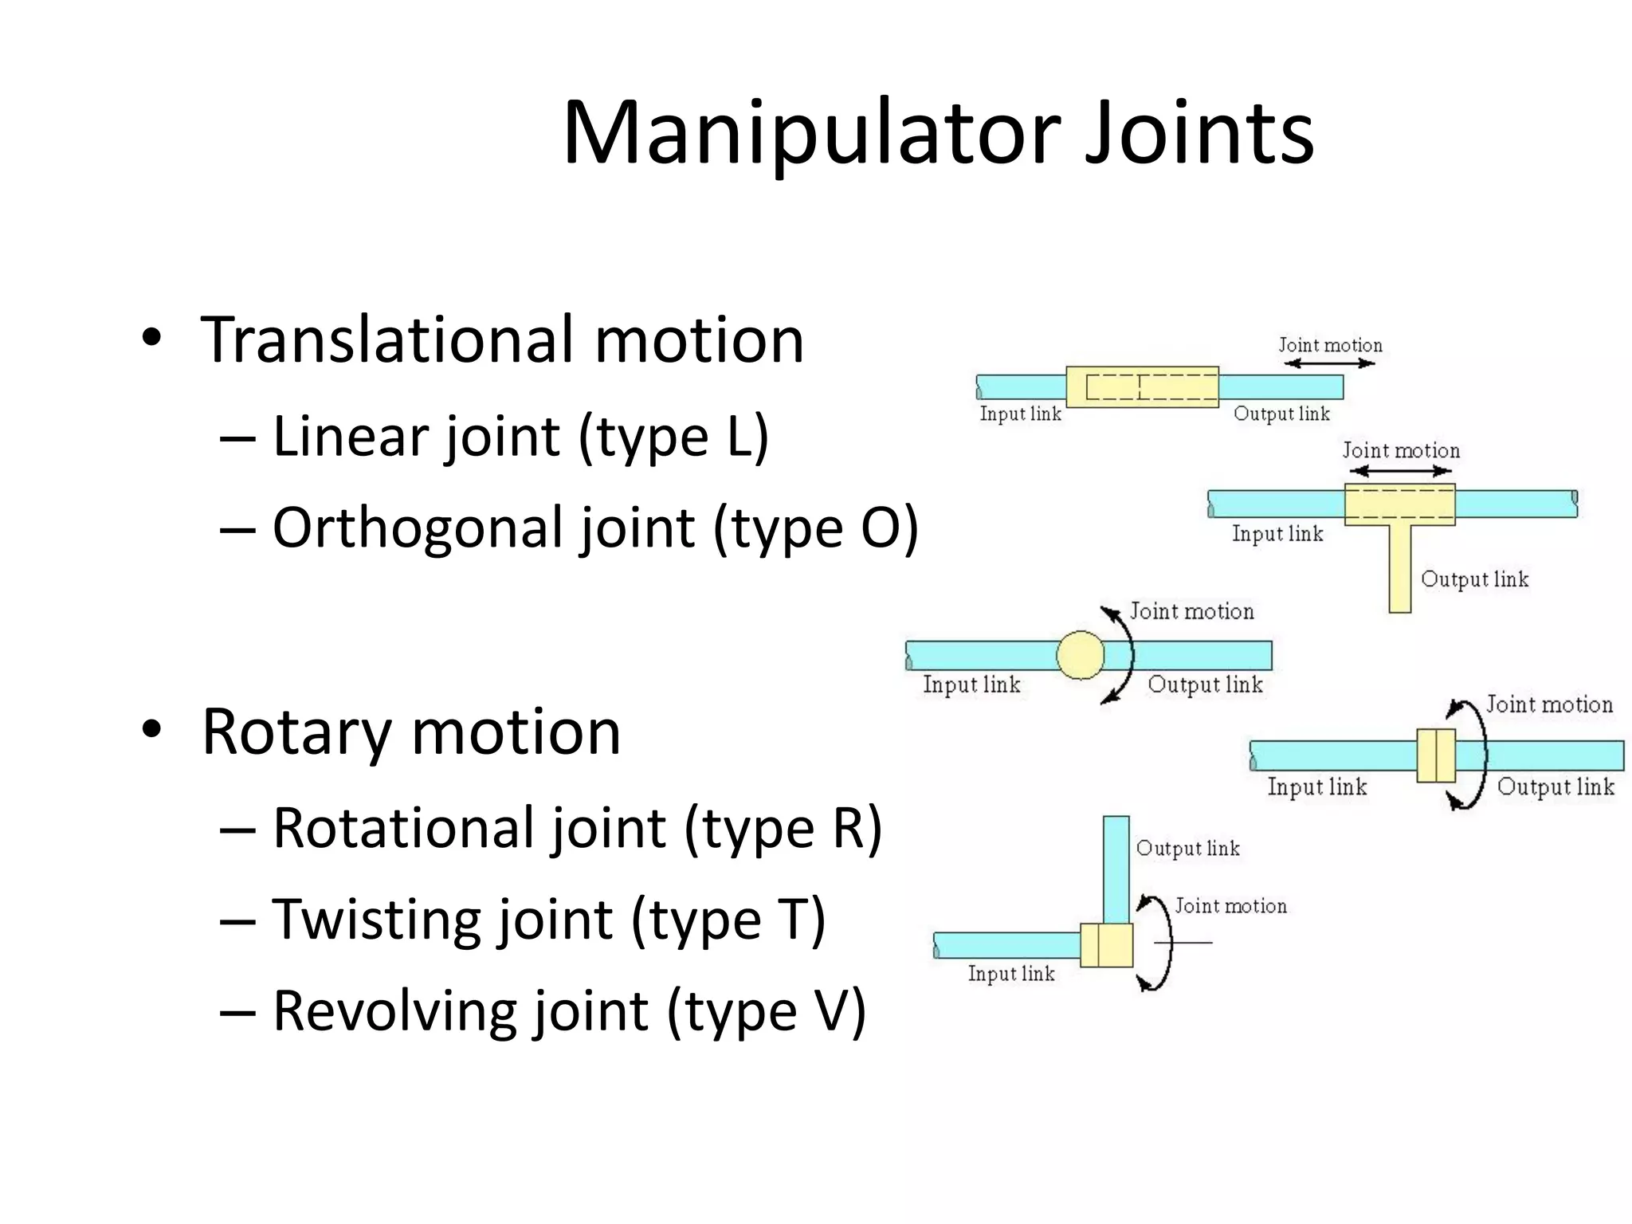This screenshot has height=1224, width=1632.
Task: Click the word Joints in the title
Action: click(1198, 134)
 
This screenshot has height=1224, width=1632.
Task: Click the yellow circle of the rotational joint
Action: click(1080, 655)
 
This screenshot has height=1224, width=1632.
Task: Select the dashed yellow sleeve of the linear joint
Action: click(1142, 387)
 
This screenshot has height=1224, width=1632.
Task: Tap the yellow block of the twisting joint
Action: click(1436, 755)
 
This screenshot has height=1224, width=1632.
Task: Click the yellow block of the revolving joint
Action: click(1106, 945)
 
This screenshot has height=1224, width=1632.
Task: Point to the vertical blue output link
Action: click(1116, 869)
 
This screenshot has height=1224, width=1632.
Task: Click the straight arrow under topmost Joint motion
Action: click(1329, 363)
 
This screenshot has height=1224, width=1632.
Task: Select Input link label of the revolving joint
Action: click(1010, 974)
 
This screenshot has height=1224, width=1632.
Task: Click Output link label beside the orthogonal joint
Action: click(1474, 579)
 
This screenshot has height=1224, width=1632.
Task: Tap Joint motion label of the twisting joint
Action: click(1548, 704)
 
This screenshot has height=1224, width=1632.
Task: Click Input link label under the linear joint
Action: click(1020, 414)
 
